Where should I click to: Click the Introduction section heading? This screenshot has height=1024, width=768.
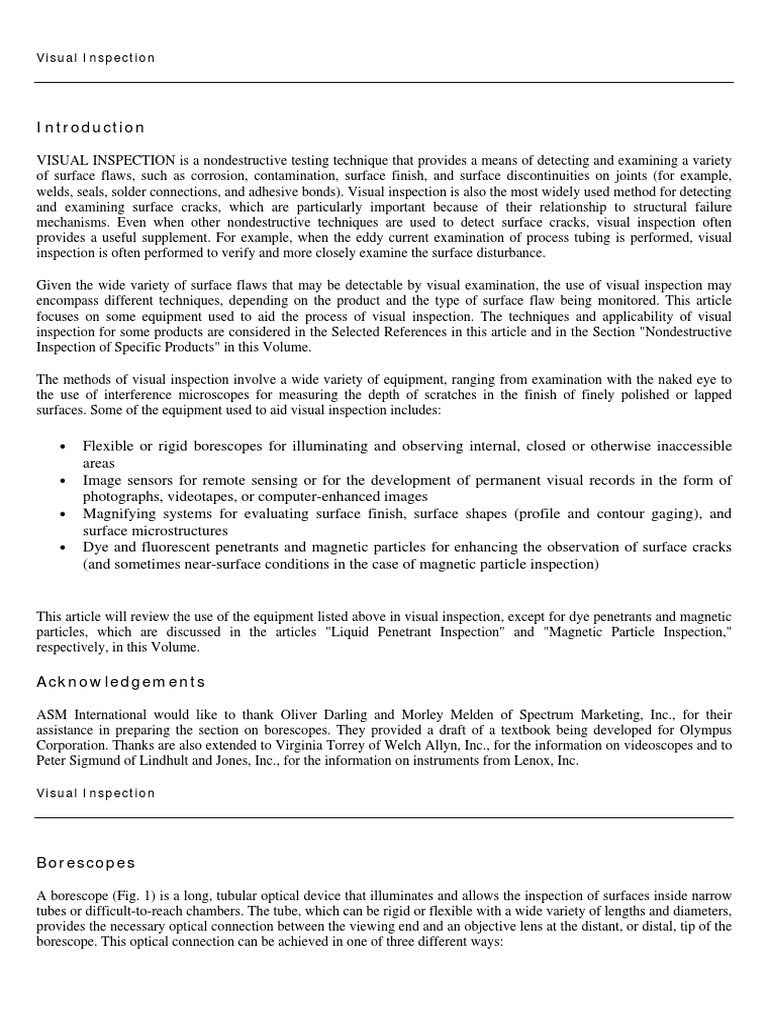coord(91,128)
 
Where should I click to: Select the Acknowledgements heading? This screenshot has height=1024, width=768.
coord(120,682)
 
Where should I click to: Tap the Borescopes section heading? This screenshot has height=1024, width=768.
coord(86,862)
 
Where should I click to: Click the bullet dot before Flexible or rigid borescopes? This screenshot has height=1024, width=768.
coord(64,447)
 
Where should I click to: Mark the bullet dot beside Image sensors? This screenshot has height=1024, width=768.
coord(64,481)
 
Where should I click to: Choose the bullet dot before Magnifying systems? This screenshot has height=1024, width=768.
coord(64,515)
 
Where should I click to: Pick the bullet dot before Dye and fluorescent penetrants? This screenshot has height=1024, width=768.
coord(64,549)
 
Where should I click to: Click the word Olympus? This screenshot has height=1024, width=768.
coord(706,731)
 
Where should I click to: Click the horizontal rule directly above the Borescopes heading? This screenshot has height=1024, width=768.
coord(384,817)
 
